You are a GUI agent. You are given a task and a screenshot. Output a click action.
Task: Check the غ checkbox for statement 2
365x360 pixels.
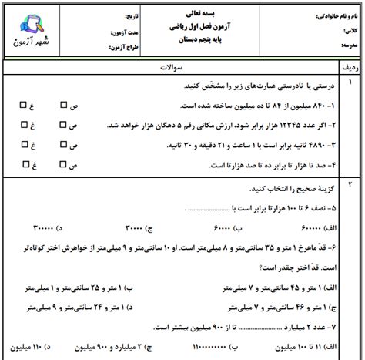point(25,123)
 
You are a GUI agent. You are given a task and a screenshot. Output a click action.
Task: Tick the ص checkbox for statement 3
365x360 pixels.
point(65,143)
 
